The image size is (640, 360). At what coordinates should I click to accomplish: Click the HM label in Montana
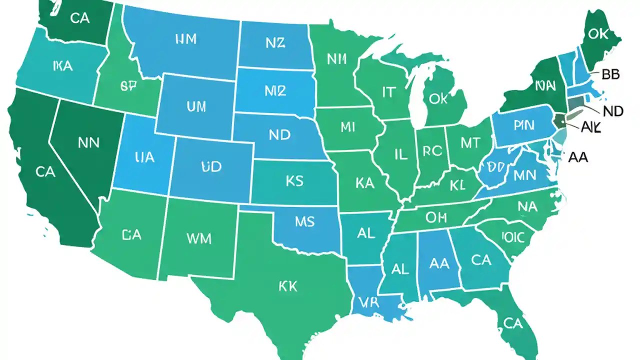click(186, 40)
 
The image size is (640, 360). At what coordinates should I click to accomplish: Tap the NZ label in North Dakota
click(275, 43)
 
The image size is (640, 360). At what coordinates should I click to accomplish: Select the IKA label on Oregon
click(62, 65)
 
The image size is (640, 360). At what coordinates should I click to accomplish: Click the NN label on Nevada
click(89, 143)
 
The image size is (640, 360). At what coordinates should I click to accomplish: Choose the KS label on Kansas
click(294, 181)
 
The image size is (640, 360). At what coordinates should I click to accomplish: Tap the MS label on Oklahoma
click(304, 221)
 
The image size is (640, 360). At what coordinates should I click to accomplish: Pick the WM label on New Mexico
click(199, 238)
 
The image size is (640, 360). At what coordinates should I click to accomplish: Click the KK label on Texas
click(287, 286)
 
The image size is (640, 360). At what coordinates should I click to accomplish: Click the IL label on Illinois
click(401, 154)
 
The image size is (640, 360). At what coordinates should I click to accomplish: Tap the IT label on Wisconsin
click(388, 92)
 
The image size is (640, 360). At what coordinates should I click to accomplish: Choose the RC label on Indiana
click(432, 151)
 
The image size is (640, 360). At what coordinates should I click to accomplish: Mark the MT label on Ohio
click(470, 143)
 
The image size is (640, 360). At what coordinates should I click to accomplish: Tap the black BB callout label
click(610, 74)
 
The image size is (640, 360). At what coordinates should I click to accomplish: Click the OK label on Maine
click(598, 33)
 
